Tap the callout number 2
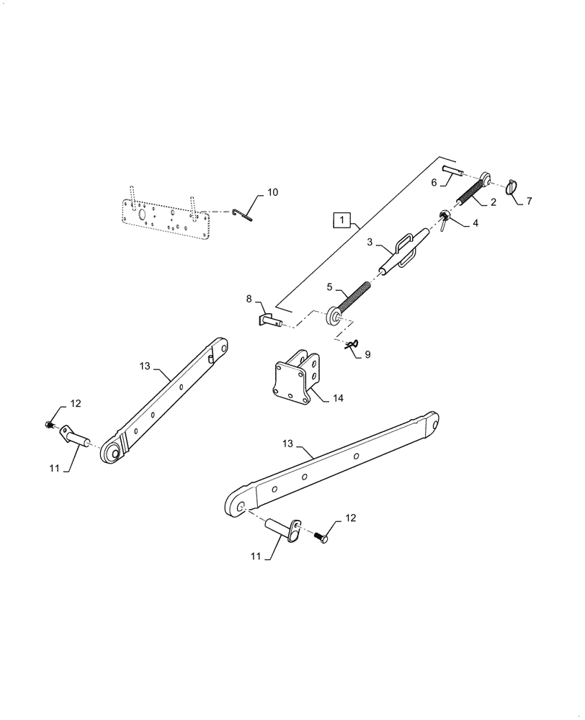tap(493, 202)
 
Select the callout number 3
tap(369, 243)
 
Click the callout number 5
tap(330, 287)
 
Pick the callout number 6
tap(434, 183)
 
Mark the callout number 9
tap(367, 354)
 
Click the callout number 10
tap(272, 192)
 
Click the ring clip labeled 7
tap(514, 187)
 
